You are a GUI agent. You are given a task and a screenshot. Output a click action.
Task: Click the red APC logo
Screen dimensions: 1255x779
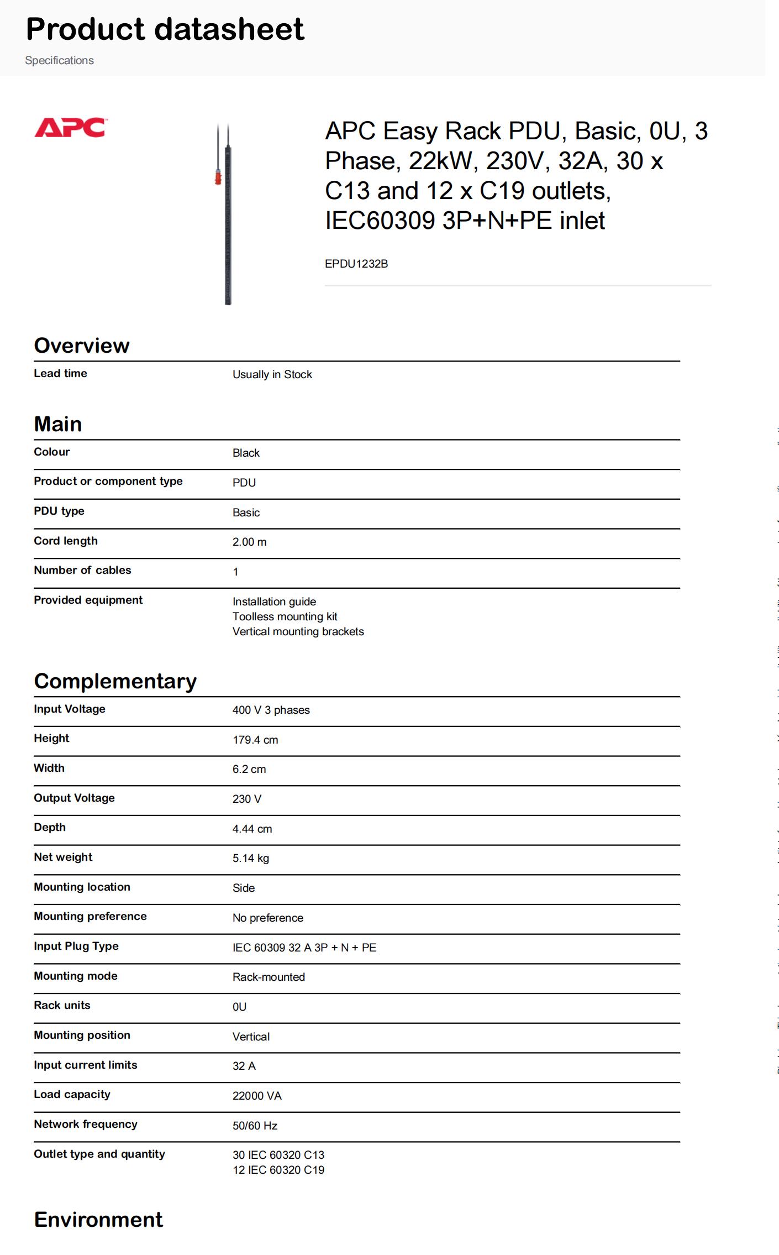click(x=70, y=128)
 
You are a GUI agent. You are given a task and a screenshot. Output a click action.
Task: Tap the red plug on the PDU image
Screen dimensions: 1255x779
click(x=218, y=178)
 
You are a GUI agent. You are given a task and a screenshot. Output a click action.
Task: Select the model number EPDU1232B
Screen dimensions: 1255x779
click(x=356, y=264)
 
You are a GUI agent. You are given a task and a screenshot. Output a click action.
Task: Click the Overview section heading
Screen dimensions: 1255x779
click(x=82, y=346)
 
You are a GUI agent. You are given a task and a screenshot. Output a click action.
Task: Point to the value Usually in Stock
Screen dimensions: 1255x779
click(x=272, y=374)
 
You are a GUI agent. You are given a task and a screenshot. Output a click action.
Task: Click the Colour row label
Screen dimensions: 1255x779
click(x=52, y=452)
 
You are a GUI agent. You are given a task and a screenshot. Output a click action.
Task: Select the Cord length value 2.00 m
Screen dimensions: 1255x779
click(x=249, y=542)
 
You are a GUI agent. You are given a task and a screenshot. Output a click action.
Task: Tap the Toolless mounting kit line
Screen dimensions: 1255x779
click(x=285, y=616)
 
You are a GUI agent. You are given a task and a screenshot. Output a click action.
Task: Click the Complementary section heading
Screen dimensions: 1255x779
click(x=115, y=681)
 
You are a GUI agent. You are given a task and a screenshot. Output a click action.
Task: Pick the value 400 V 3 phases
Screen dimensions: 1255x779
click(x=271, y=710)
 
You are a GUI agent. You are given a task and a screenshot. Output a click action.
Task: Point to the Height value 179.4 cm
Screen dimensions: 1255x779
click(x=255, y=740)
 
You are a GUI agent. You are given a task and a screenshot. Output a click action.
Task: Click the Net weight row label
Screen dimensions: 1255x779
click(x=63, y=857)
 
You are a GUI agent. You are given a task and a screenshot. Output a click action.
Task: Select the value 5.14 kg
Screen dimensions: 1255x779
click(x=251, y=858)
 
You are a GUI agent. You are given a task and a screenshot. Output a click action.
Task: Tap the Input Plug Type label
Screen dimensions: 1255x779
click(x=76, y=946)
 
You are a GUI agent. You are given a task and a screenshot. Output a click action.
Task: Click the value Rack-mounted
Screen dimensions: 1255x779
click(x=269, y=977)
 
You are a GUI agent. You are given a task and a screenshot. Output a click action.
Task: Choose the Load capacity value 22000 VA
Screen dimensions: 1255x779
click(x=257, y=1096)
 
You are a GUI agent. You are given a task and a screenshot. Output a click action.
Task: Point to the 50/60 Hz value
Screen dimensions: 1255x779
click(x=255, y=1126)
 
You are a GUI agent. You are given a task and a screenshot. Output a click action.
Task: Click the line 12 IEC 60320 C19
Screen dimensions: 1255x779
click(x=278, y=1170)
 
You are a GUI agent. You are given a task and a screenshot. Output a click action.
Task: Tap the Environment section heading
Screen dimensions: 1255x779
click(x=98, y=1220)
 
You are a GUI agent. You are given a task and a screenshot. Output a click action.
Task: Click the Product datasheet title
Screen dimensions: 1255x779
click(x=165, y=29)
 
